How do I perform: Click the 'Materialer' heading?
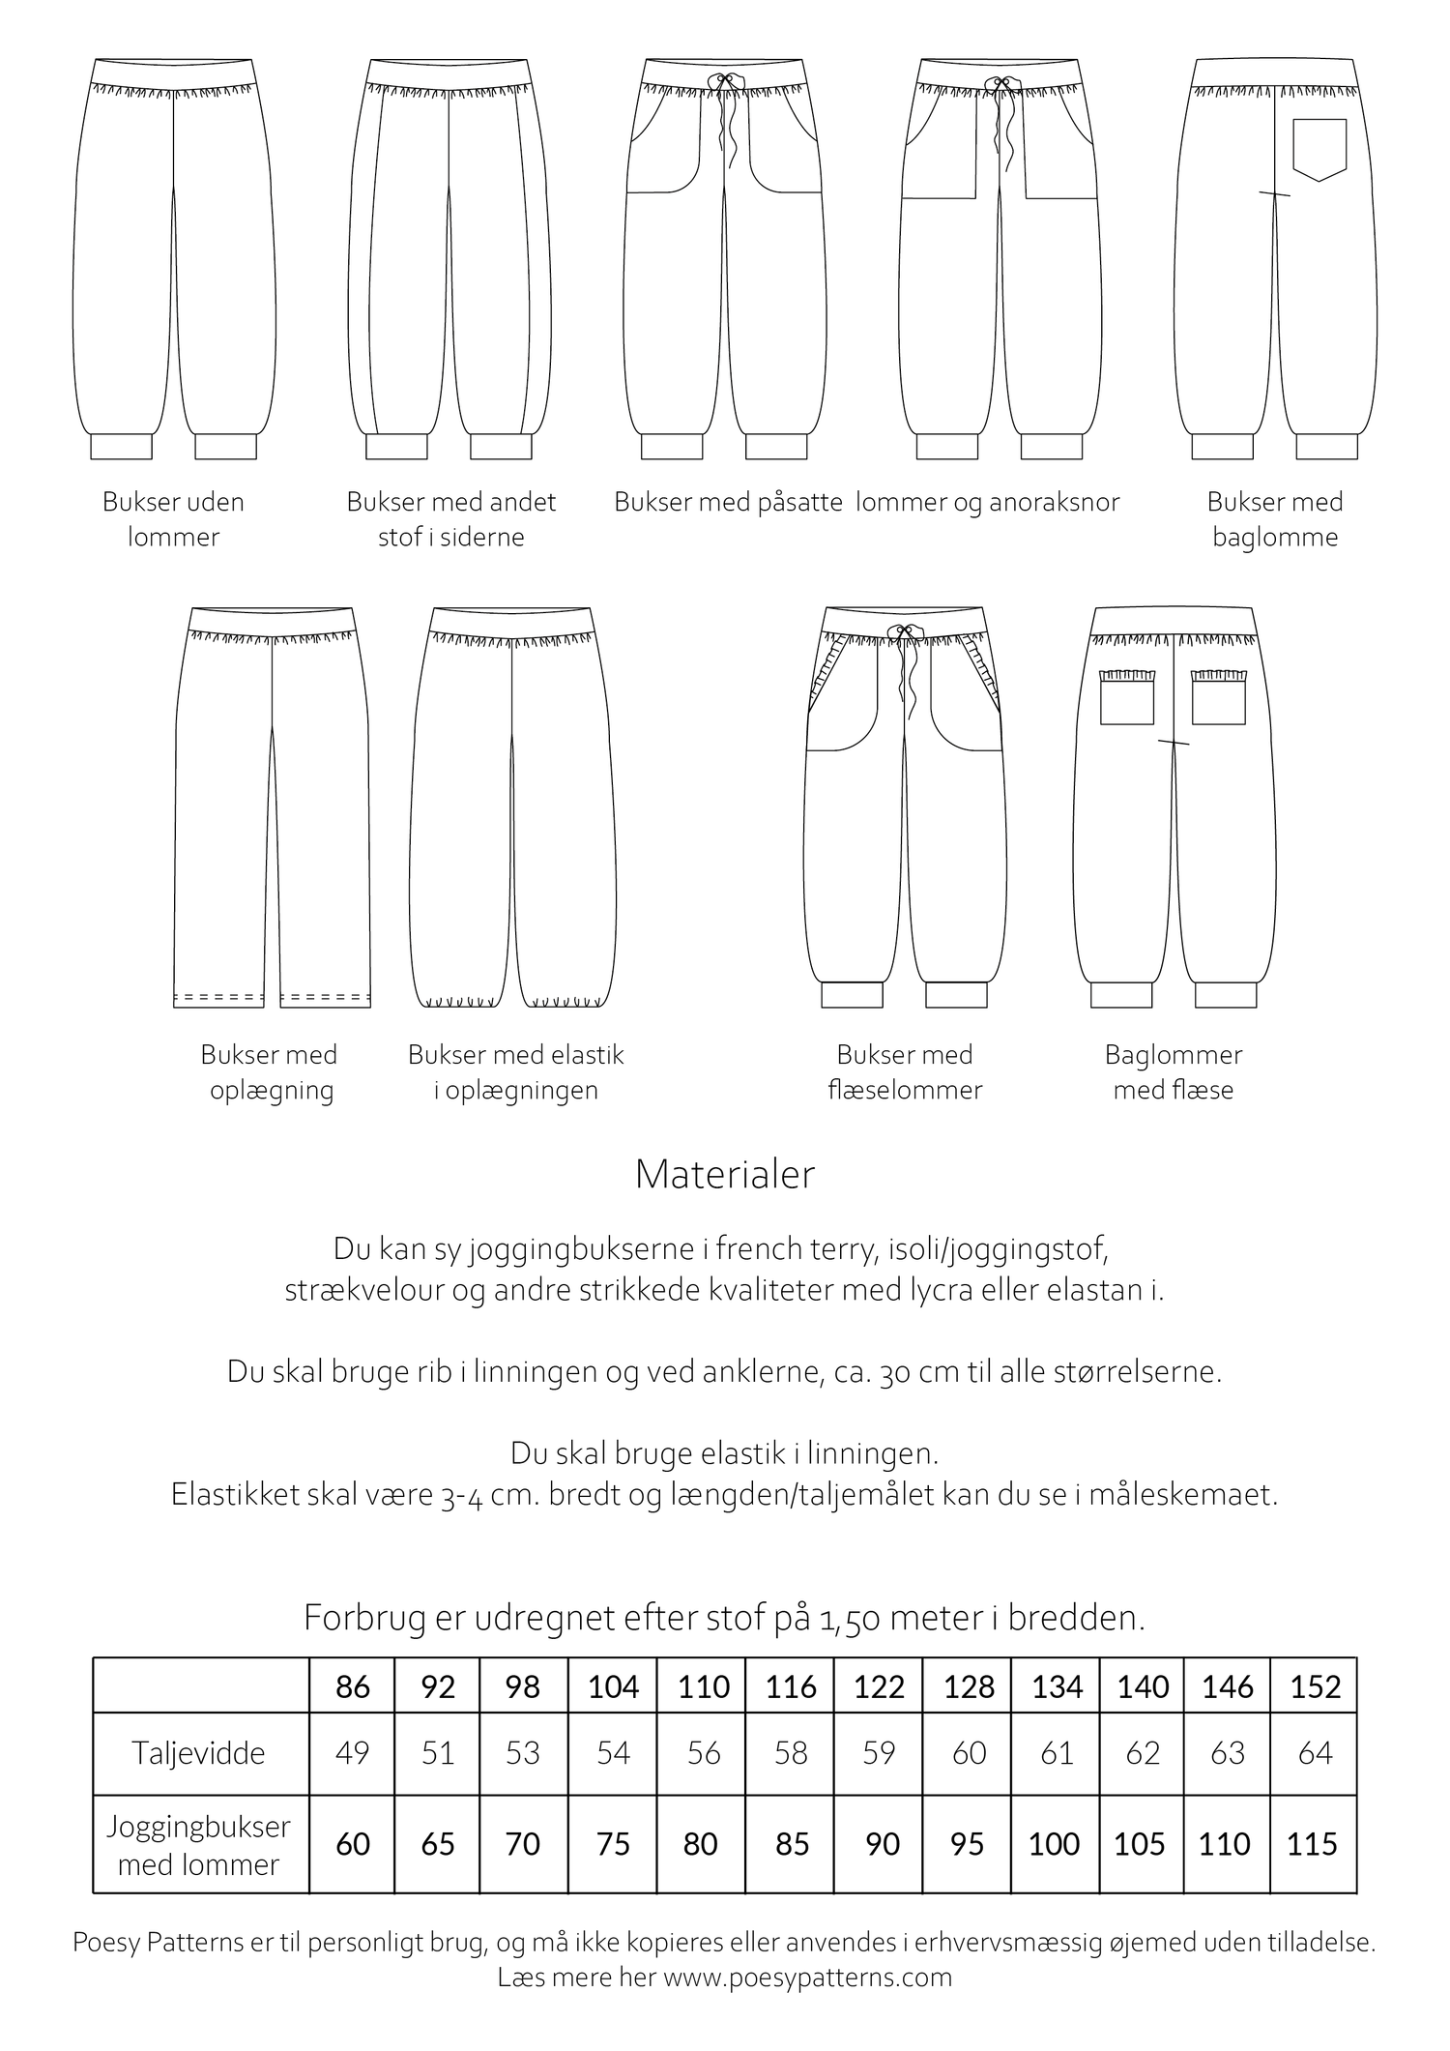[x=725, y=1175]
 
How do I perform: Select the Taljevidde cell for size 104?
[x=613, y=1752]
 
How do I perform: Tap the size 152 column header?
[x=1315, y=1686]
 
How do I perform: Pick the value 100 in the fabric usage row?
[x=1054, y=1843]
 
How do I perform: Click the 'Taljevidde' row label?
[x=198, y=1752]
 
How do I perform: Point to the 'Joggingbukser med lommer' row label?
[x=198, y=1844]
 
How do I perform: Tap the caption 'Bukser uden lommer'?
[x=173, y=519]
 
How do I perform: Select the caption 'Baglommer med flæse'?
[x=1173, y=1071]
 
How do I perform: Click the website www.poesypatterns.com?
[x=807, y=1977]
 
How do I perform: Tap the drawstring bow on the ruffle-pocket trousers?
[x=904, y=633]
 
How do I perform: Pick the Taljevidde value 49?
[x=352, y=1752]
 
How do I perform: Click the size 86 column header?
[x=352, y=1686]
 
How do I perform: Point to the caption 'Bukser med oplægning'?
[x=270, y=1071]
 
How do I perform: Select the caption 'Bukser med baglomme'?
[x=1274, y=519]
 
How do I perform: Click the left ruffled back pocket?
[x=1127, y=696]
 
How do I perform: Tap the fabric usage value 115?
[x=1312, y=1843]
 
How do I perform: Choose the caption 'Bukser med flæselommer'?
[x=905, y=1071]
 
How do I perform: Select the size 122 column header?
[x=879, y=1686]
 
